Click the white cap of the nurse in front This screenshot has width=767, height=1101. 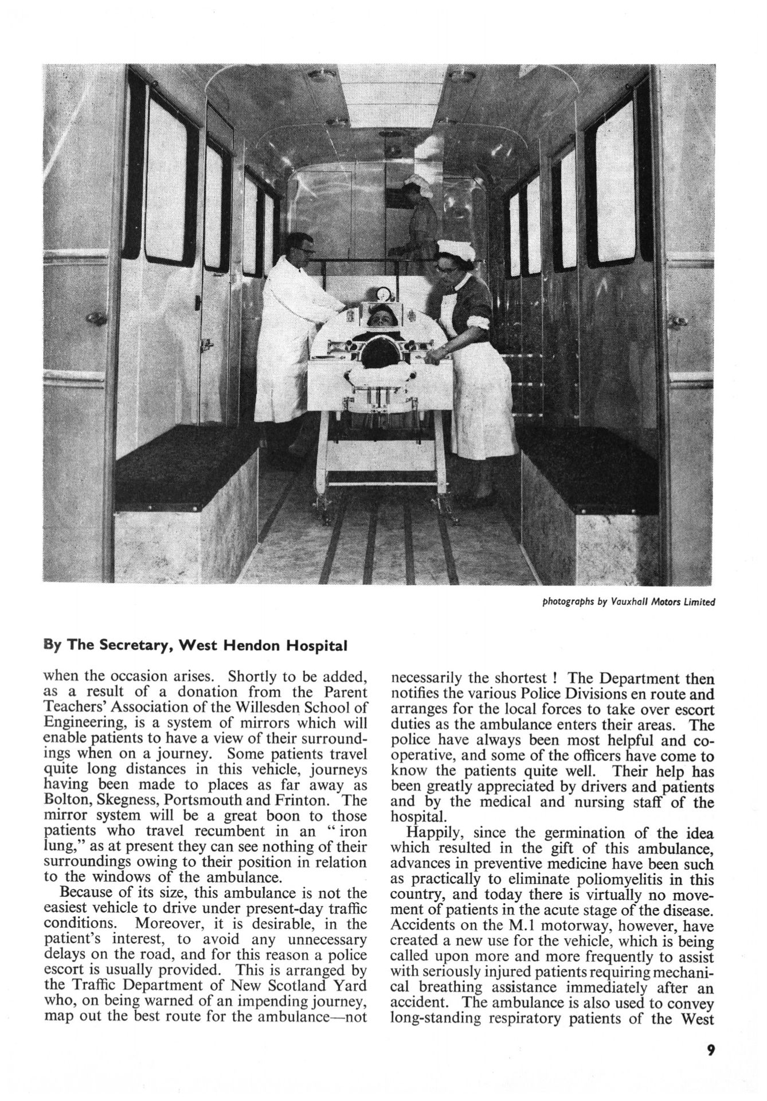pos(453,249)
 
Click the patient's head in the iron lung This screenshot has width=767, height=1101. pos(379,315)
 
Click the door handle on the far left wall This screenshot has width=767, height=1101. pos(96,317)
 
